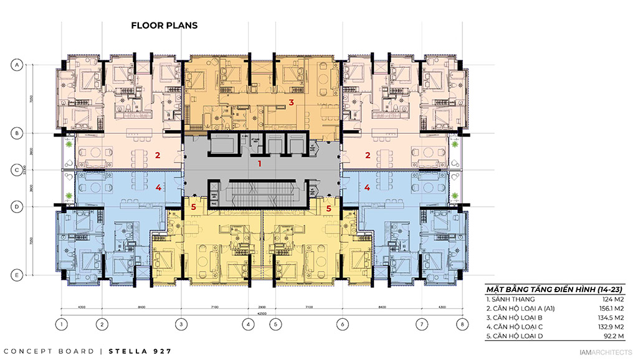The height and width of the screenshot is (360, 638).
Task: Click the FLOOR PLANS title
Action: tap(164, 26)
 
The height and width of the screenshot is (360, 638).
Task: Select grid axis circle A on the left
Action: tap(17, 64)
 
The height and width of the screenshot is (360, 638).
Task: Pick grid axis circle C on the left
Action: tap(17, 169)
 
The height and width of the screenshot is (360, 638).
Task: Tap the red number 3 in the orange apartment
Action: tap(290, 102)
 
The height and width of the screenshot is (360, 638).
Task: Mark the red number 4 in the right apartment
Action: tap(368, 186)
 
